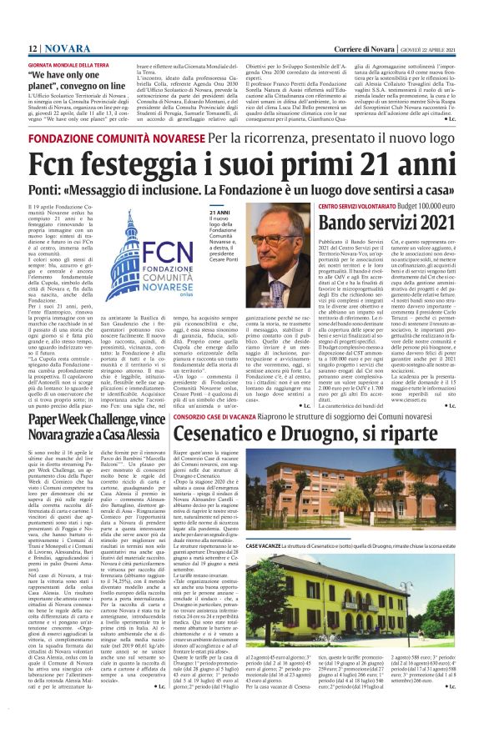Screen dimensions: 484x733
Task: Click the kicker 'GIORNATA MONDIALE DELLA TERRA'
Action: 69,64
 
